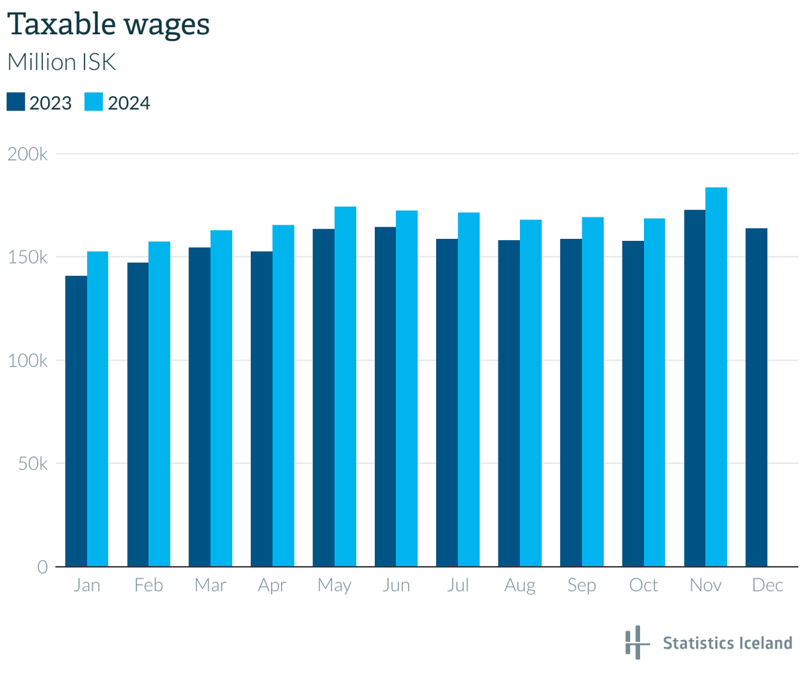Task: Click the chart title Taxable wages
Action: (108, 24)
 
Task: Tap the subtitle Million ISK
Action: (61, 62)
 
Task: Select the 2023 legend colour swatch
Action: (16, 102)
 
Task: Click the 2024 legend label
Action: (129, 103)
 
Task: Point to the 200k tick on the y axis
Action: (28, 154)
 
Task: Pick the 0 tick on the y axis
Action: (42, 567)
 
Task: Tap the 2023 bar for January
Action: (76, 421)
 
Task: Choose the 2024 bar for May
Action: (345, 386)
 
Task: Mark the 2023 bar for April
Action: (262, 409)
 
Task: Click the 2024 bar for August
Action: (531, 393)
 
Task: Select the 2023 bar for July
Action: (447, 403)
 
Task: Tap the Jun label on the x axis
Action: (396, 586)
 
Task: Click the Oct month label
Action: (643, 586)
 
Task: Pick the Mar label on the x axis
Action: (210, 586)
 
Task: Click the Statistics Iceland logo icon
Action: (636, 642)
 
